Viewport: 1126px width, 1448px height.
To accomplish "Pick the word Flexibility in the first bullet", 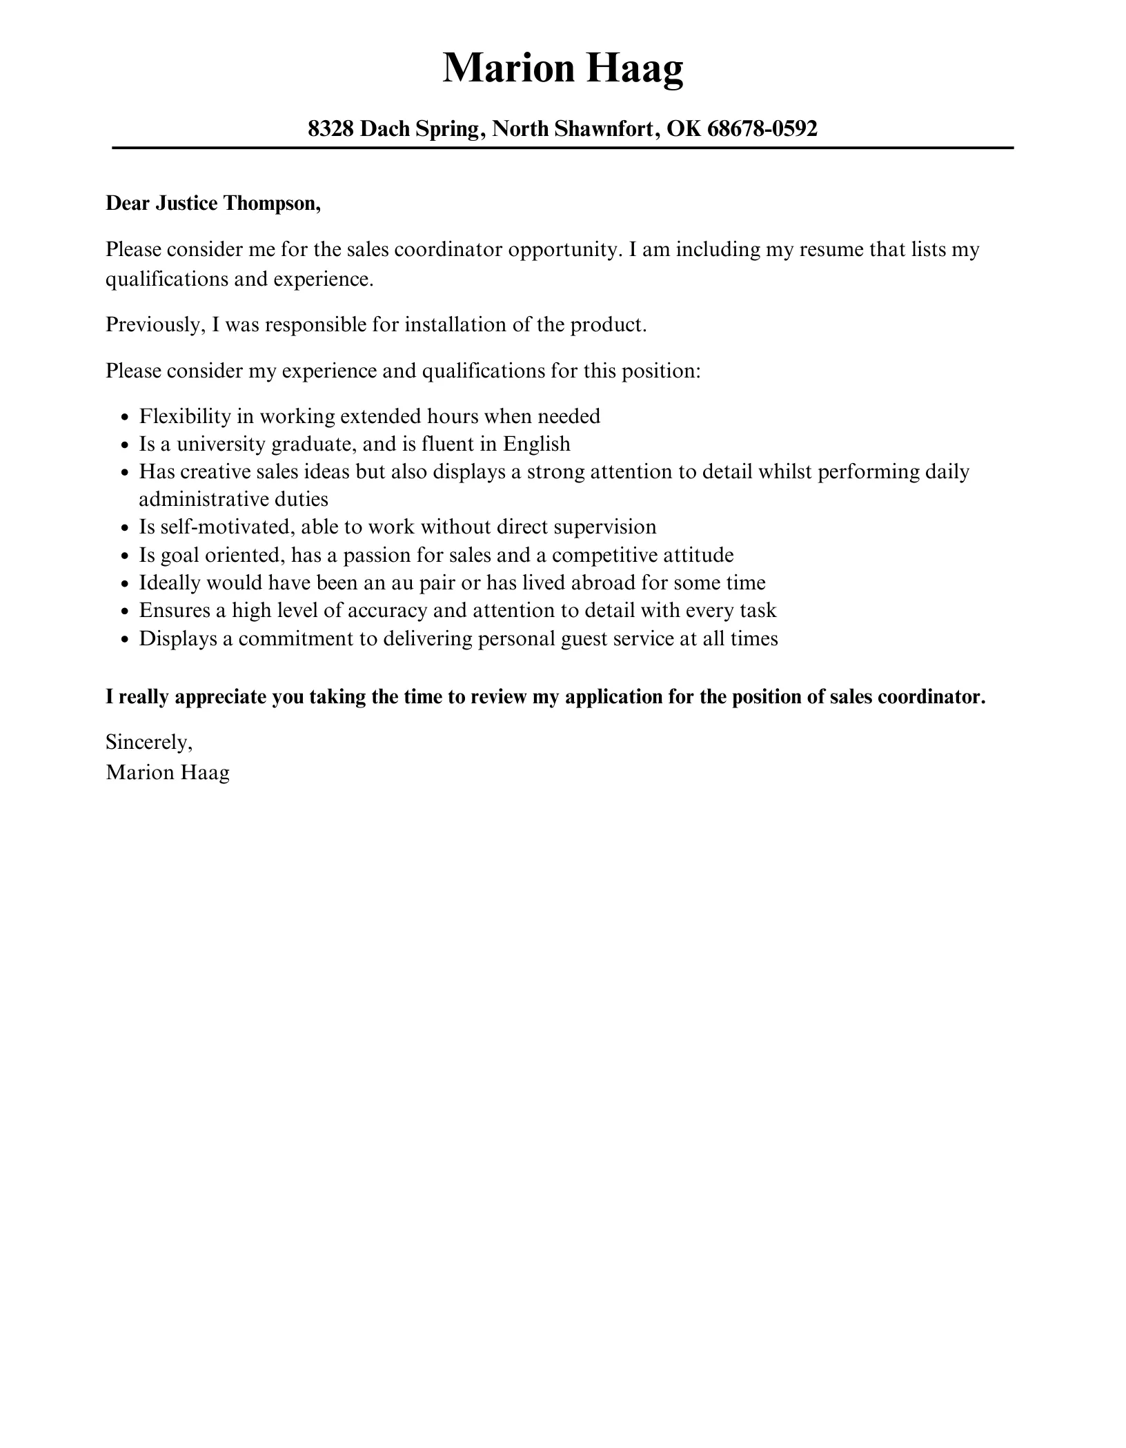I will tap(184, 416).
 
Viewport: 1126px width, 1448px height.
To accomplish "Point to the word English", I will tap(536, 444).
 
